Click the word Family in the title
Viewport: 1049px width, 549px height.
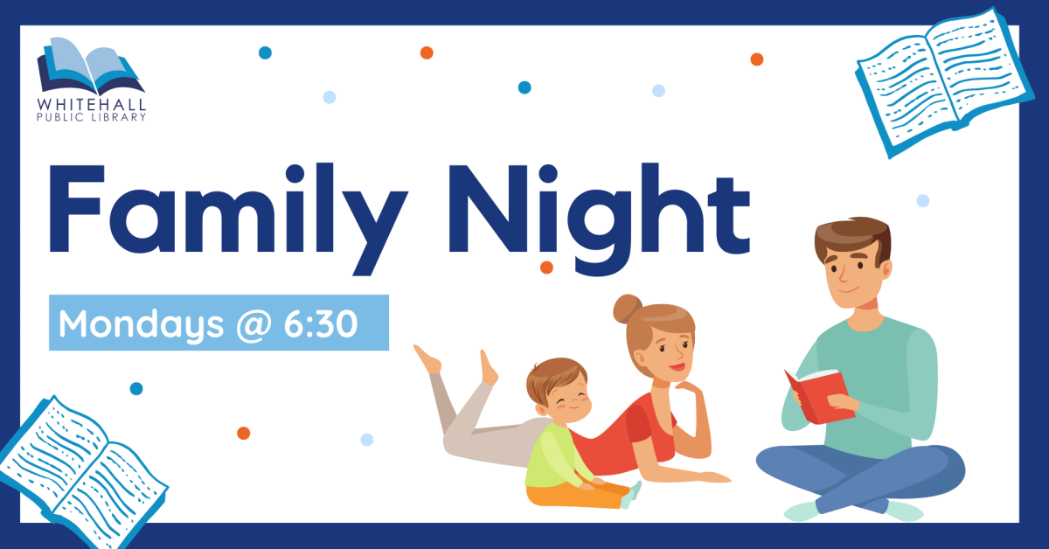[228, 219]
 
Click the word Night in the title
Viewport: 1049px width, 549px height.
[600, 219]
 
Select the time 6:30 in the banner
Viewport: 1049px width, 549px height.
[321, 323]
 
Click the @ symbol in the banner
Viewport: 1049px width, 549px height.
[254, 324]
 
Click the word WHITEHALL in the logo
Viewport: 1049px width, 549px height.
[91, 104]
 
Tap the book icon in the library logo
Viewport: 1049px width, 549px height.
[90, 66]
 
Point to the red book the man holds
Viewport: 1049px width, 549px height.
[820, 396]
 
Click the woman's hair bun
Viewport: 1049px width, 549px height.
[628, 309]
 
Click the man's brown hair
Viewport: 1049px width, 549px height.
[853, 239]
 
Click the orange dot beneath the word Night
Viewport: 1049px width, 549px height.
[546, 268]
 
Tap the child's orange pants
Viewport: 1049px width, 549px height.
[576, 496]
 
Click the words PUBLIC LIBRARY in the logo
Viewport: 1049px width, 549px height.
[91, 117]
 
